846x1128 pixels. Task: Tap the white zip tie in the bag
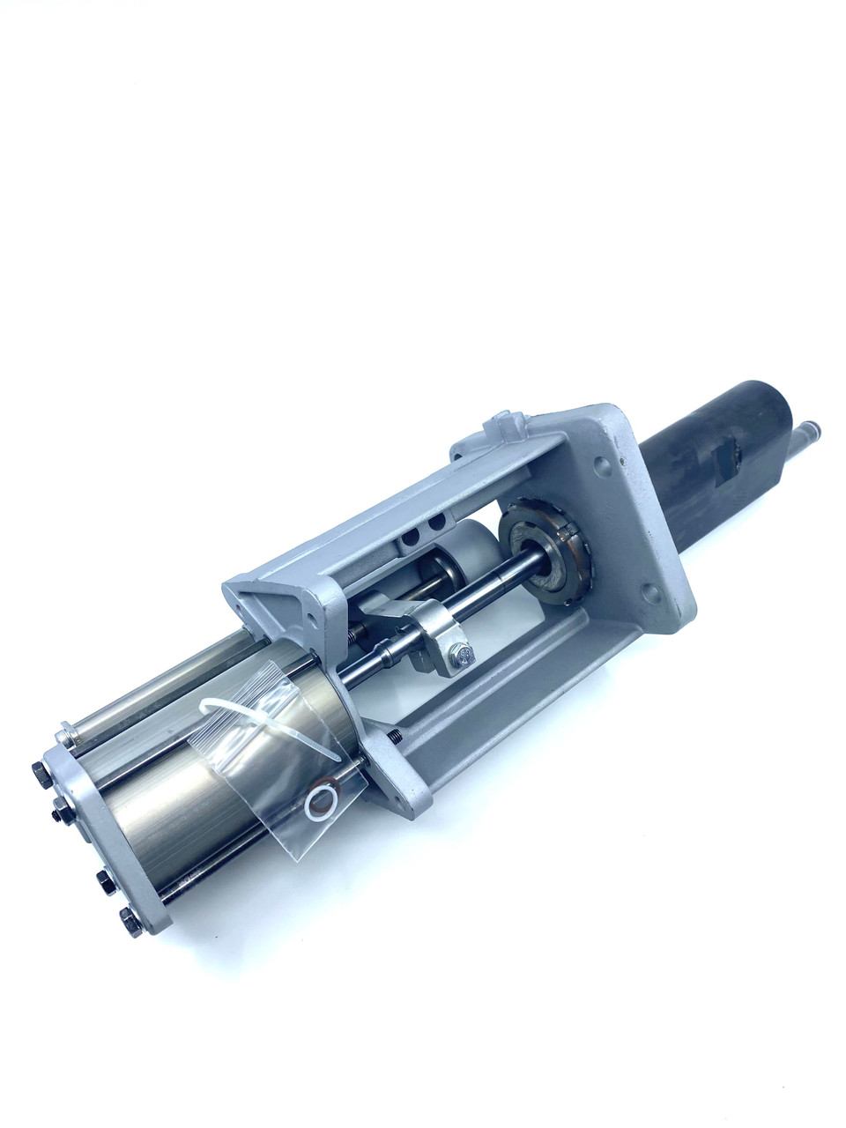point(264,723)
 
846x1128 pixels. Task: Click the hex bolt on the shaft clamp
point(461,655)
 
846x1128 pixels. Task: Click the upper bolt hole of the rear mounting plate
point(601,462)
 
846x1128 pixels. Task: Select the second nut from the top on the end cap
point(60,805)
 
